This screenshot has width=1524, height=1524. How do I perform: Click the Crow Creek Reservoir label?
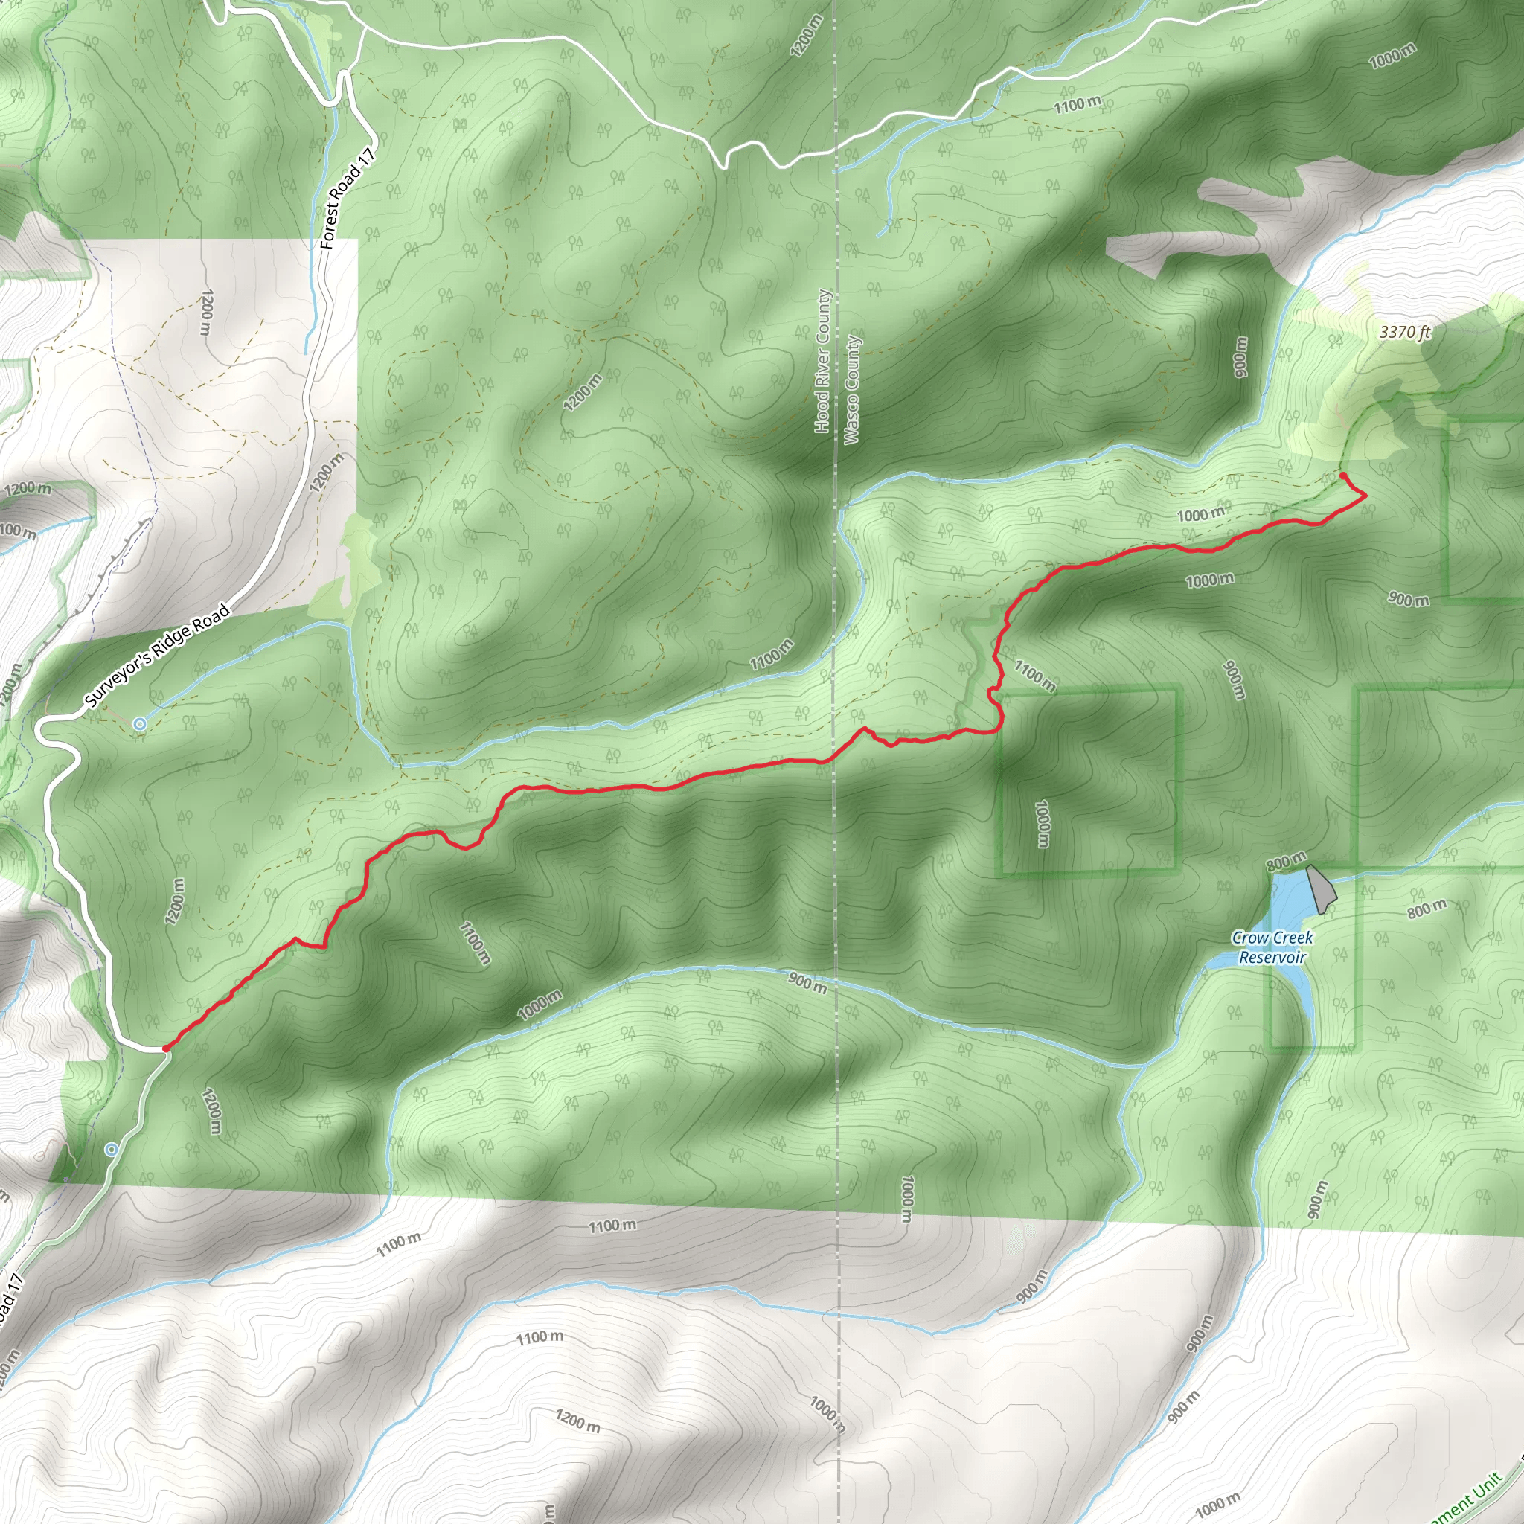1272,947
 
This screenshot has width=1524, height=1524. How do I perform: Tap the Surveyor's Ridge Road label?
157,656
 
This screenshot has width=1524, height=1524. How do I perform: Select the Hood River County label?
823,361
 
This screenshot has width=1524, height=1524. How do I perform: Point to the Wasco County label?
852,390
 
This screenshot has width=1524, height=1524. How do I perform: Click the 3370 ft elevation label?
1405,332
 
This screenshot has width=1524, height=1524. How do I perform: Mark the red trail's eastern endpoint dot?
1343,476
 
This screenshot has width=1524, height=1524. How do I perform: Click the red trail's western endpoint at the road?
165,1048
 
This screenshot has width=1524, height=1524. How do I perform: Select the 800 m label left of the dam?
1286,862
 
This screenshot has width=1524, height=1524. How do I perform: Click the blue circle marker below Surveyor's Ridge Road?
140,723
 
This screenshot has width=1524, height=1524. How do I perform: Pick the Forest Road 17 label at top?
346,198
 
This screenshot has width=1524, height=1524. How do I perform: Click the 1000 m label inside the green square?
1043,825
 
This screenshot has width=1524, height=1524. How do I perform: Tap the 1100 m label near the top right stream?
1078,103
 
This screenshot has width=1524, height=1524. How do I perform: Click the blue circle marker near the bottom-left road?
112,1150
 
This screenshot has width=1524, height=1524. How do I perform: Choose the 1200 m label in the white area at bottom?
577,1421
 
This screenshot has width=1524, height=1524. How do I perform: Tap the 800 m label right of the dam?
1427,909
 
